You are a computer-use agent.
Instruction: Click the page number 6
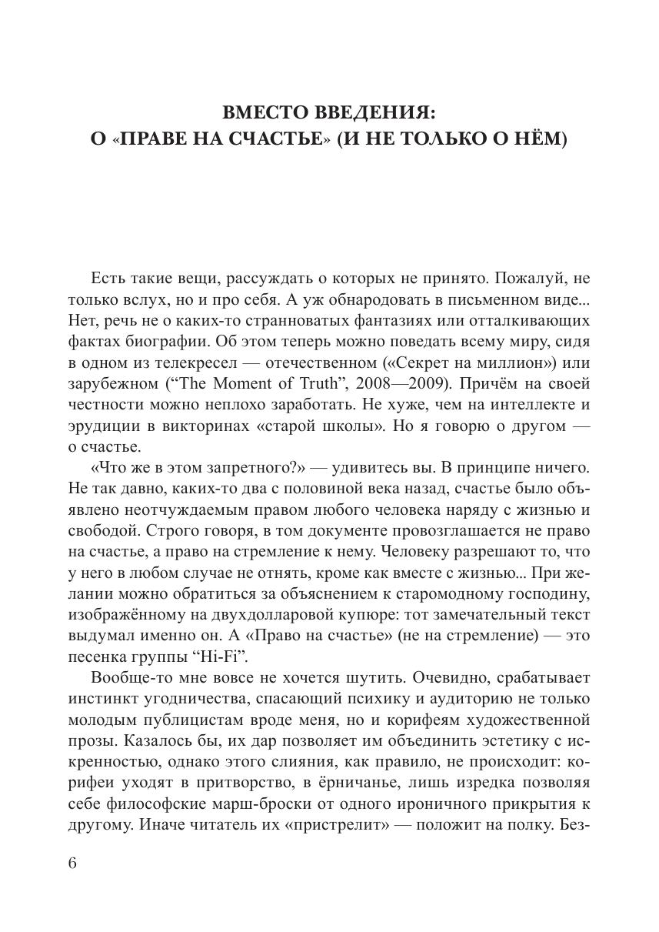click(73, 863)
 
